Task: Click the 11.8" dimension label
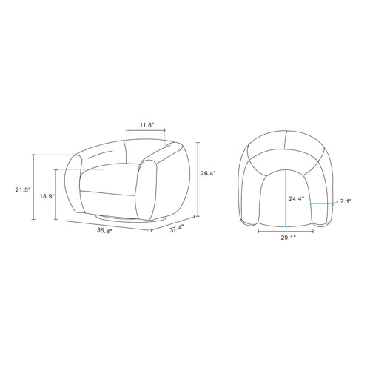pos(147,125)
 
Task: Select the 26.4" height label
pos(208,173)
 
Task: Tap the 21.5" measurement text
pos(23,189)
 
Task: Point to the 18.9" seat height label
pos(47,196)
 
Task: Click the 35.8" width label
pos(104,230)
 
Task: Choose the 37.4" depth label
pos(177,229)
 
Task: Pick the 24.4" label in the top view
pos(297,198)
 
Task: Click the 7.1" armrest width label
pos(346,201)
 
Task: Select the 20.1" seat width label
pos(289,238)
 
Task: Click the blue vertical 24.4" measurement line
pos(286,198)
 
